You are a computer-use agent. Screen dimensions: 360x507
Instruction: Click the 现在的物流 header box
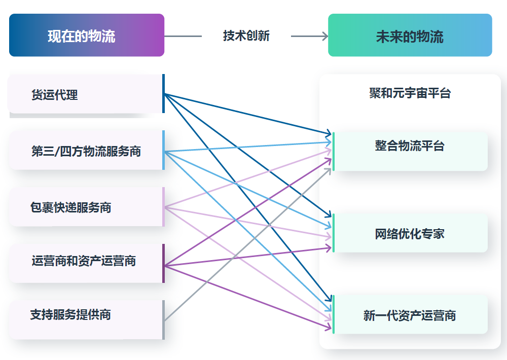87,35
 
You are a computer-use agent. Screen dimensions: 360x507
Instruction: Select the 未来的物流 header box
410,35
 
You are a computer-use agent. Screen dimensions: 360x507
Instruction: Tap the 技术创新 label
246,35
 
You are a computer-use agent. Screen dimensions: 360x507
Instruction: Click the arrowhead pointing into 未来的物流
324,36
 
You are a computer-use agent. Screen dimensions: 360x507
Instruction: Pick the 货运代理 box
84,94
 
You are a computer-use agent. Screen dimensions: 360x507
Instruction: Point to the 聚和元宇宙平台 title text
410,93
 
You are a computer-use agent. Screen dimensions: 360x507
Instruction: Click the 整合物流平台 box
410,151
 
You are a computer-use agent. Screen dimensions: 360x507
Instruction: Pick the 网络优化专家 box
410,233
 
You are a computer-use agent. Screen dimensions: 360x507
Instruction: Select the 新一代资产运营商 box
410,315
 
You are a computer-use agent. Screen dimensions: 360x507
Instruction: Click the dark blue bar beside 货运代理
163,94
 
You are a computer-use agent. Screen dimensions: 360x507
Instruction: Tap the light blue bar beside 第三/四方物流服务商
163,150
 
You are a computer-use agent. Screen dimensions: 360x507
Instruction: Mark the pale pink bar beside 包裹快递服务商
163,207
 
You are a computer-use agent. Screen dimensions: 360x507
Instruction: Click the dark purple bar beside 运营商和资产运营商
163,263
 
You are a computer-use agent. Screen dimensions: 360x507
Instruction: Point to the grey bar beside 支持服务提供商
163,319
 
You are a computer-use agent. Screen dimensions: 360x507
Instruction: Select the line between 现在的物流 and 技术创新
183,36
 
